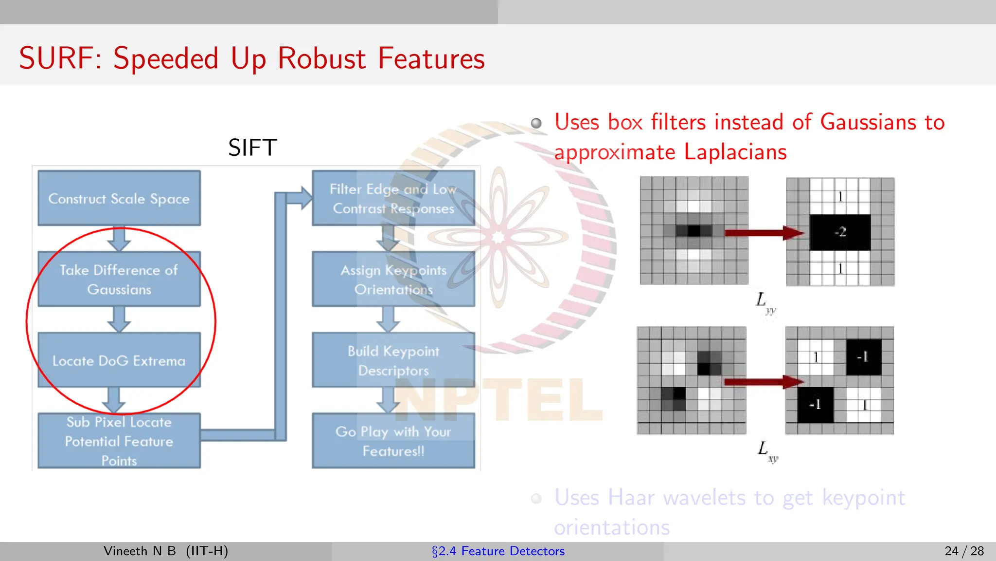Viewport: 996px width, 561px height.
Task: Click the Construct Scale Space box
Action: pyautogui.click(x=119, y=198)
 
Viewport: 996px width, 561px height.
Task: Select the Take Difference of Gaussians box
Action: pyautogui.click(x=119, y=279)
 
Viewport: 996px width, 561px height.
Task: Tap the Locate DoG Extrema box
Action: pyautogui.click(x=119, y=360)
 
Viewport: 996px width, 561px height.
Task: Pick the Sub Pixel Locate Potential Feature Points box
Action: pyautogui.click(x=119, y=441)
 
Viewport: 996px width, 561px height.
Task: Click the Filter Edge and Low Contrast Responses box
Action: pyautogui.click(x=393, y=198)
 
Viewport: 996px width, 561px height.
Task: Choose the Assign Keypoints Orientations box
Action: pyautogui.click(x=393, y=279)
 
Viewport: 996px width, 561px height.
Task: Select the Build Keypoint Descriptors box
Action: pyautogui.click(x=393, y=360)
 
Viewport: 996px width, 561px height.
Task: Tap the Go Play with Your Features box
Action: pyautogui.click(x=393, y=441)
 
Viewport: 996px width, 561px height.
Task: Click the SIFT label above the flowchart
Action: pyautogui.click(x=252, y=148)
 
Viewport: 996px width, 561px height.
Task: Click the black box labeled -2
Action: pyautogui.click(x=840, y=232)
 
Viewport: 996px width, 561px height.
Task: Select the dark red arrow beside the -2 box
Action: pyautogui.click(x=764, y=233)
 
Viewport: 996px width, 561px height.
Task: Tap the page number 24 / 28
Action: pyautogui.click(x=964, y=551)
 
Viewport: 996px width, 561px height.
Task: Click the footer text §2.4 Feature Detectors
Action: pyautogui.click(x=498, y=551)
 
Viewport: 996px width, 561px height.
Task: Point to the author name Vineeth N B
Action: pyautogui.click(x=140, y=551)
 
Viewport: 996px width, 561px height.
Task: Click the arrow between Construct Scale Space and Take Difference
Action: pyautogui.click(x=119, y=238)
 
